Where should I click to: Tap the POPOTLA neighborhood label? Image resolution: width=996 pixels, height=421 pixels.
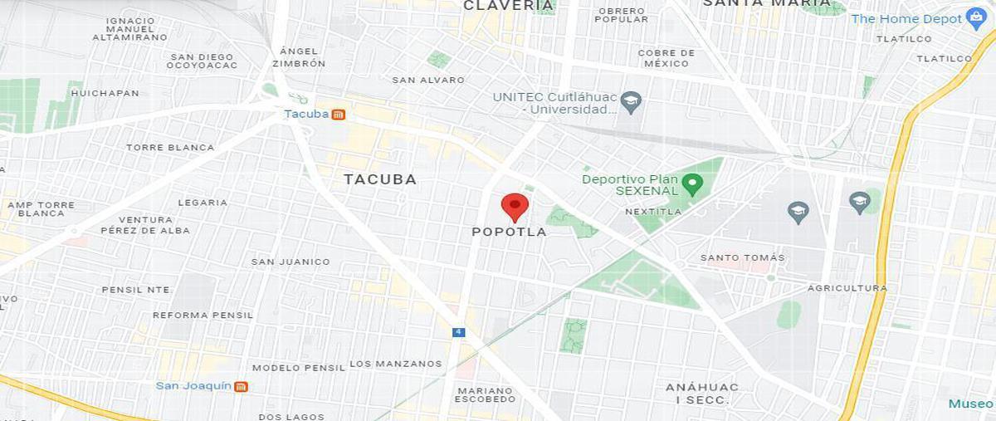pyautogui.click(x=509, y=233)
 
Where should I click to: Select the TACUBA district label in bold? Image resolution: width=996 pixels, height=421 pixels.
pyautogui.click(x=380, y=179)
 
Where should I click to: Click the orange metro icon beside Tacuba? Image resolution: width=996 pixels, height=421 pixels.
pyautogui.click(x=339, y=115)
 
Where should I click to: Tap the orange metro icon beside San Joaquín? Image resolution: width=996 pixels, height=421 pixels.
pyautogui.click(x=241, y=386)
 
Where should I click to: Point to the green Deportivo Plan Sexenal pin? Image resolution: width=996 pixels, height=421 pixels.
pyautogui.click(x=692, y=183)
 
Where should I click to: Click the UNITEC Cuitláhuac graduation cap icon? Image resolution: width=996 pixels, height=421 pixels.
pyautogui.click(x=632, y=103)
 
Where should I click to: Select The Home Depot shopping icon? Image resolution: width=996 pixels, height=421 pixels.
pyautogui.click(x=975, y=19)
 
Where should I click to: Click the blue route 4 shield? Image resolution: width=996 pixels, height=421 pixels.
pyautogui.click(x=458, y=332)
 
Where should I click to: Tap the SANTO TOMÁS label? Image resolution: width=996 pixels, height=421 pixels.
pyautogui.click(x=742, y=257)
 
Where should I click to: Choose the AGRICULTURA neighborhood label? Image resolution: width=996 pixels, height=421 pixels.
pyautogui.click(x=847, y=288)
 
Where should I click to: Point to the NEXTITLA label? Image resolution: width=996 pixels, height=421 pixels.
pyautogui.click(x=652, y=212)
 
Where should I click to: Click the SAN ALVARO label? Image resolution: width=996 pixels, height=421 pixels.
pyautogui.click(x=428, y=81)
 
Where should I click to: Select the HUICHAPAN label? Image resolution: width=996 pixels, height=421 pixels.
pyautogui.click(x=105, y=93)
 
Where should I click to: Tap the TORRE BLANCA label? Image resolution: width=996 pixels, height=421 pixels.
pyautogui.click(x=169, y=148)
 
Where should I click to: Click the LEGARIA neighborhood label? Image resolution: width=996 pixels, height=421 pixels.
pyautogui.click(x=202, y=203)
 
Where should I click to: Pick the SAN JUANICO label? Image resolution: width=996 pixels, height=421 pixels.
pyautogui.click(x=290, y=262)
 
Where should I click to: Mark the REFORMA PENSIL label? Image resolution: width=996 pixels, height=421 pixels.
pyautogui.click(x=203, y=316)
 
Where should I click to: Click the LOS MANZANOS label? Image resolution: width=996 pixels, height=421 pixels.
pyautogui.click(x=395, y=364)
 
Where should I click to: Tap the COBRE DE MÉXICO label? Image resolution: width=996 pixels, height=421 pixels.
pyautogui.click(x=666, y=58)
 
